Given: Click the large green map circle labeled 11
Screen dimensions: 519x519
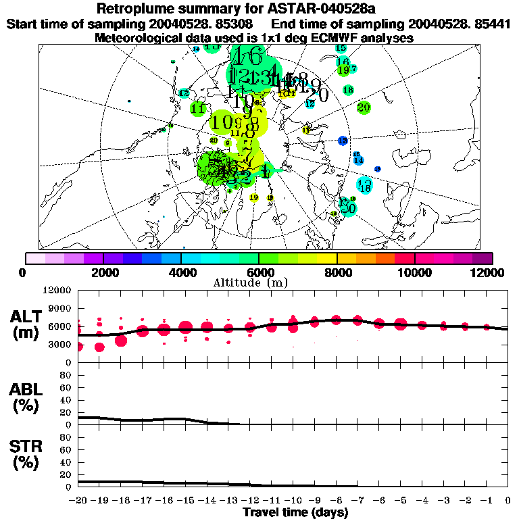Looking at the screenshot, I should pos(198,108).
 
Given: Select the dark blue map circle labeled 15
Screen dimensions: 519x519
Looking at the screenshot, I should pos(343,141).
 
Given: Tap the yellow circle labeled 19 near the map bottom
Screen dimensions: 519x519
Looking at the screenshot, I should pos(254,197).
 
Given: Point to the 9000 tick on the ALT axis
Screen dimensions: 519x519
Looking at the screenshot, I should pos(60,308).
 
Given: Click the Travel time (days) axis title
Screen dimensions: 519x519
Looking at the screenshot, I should pos(295,513).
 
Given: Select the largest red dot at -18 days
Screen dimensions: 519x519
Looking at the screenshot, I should pos(121,340).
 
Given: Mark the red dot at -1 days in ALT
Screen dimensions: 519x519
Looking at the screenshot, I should pos(487,327).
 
